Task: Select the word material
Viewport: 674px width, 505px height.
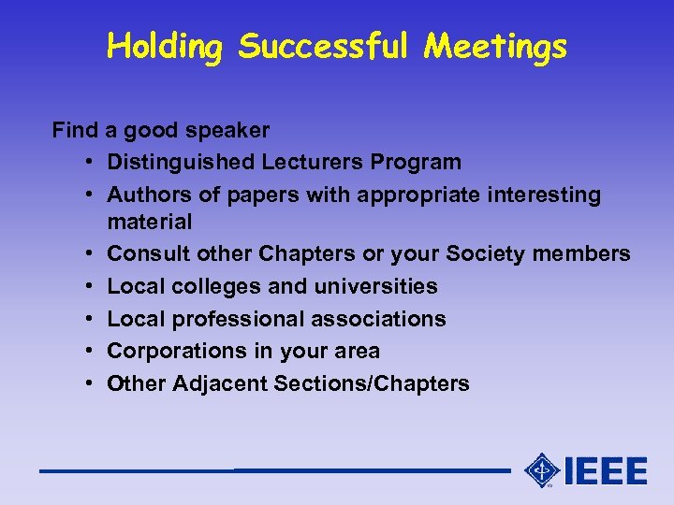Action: [x=150, y=222]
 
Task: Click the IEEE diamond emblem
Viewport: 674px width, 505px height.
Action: [x=541, y=469]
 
